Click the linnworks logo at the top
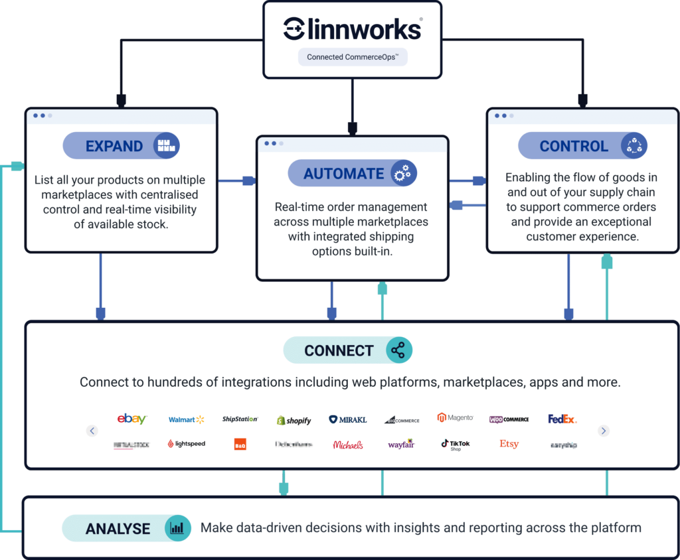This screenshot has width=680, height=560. [x=352, y=28]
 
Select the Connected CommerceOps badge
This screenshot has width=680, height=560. [x=352, y=57]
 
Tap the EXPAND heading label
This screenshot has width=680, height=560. [x=114, y=146]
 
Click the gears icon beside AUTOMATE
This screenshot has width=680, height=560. [x=402, y=174]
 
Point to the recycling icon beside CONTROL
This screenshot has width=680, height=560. [x=634, y=146]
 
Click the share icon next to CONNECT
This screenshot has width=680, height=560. [x=398, y=350]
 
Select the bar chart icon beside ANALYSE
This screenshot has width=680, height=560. [x=177, y=528]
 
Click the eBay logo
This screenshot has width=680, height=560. [x=131, y=419]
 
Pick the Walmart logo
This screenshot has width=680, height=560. [x=186, y=419]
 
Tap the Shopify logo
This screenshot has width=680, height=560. [x=294, y=420]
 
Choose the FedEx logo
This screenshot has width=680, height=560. [x=562, y=419]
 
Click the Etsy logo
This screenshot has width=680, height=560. [x=509, y=444]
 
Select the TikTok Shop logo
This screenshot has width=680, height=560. [x=456, y=444]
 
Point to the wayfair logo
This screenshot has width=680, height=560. [x=401, y=444]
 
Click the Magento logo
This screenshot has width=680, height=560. [x=455, y=418]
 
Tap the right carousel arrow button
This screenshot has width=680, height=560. [x=603, y=431]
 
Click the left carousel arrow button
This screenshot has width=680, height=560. [x=92, y=431]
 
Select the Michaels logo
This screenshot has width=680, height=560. [x=348, y=445]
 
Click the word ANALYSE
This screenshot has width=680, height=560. [x=118, y=529]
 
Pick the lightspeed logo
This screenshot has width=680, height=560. [x=186, y=444]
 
